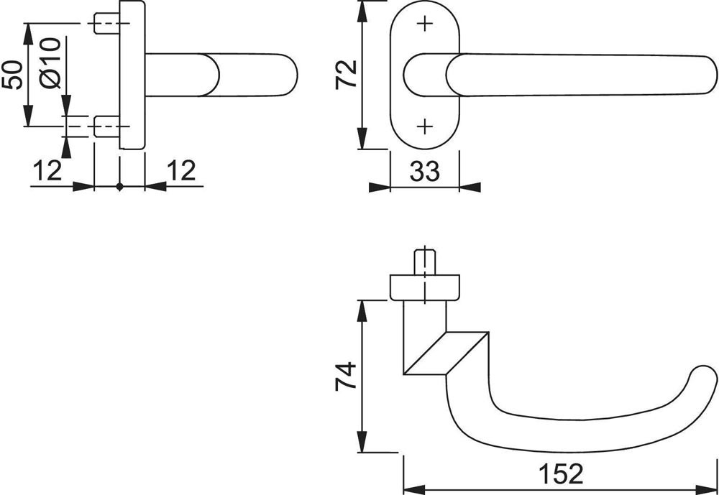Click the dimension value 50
(x=12, y=74)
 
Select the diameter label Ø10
(x=50, y=63)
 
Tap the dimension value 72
(x=347, y=74)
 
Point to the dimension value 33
(x=425, y=172)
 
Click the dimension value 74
(x=347, y=376)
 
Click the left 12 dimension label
(x=47, y=171)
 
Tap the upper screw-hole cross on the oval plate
(x=425, y=24)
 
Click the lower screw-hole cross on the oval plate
(x=425, y=126)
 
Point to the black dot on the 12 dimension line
(x=119, y=187)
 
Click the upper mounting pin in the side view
(x=107, y=23)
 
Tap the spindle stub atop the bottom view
(x=425, y=262)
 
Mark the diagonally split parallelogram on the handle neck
(x=446, y=353)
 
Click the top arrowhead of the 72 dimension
(x=362, y=11)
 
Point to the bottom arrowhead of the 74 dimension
(x=362, y=442)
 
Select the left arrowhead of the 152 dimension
(x=414, y=489)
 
